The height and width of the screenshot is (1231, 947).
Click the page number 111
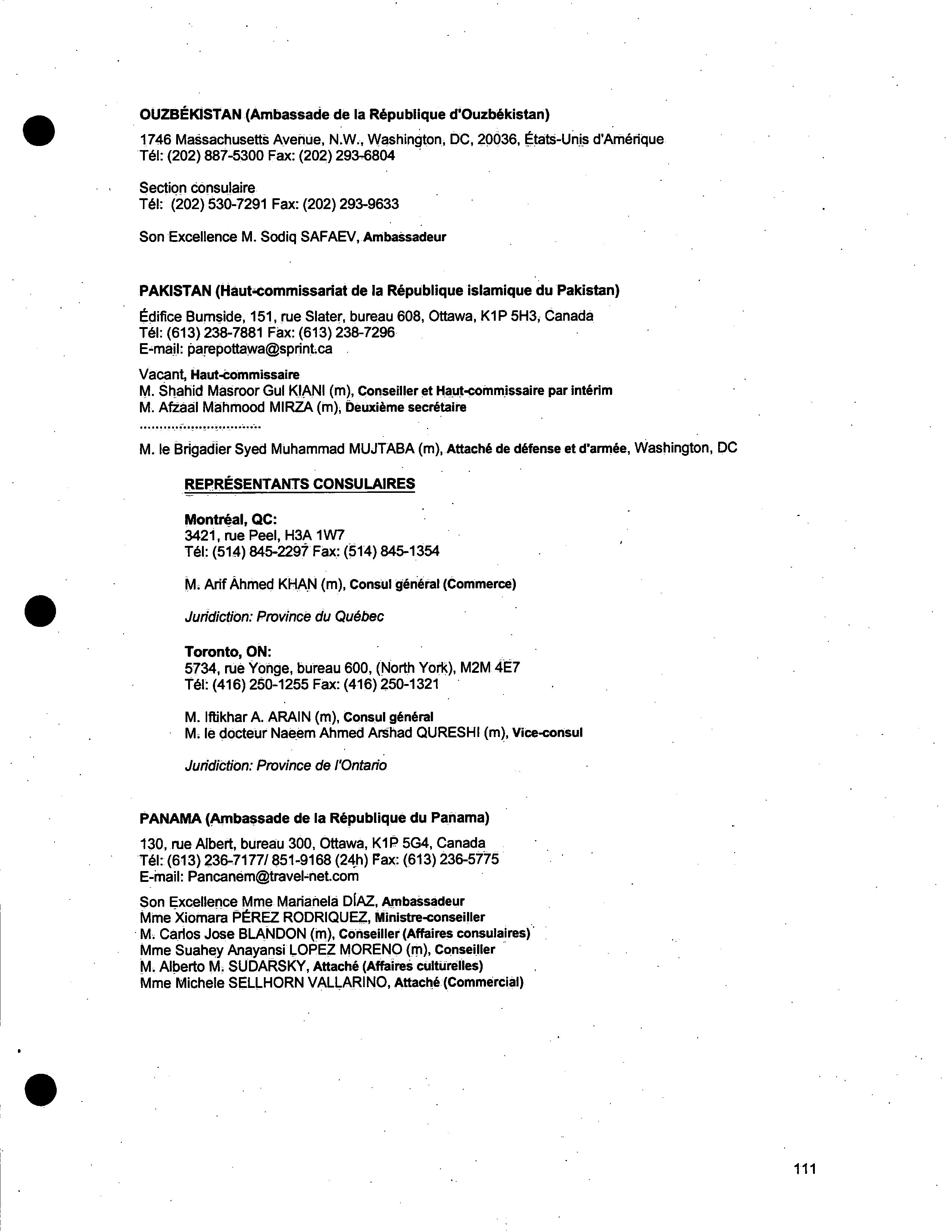(x=804, y=1168)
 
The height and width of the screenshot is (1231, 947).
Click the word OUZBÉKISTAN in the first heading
(x=190, y=114)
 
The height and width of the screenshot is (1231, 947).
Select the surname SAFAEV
(x=330, y=237)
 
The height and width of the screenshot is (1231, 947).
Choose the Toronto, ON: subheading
(x=228, y=652)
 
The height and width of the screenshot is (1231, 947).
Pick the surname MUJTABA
(x=381, y=449)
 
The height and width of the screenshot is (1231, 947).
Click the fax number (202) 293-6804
(x=365, y=156)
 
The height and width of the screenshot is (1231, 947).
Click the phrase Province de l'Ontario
(x=322, y=765)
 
